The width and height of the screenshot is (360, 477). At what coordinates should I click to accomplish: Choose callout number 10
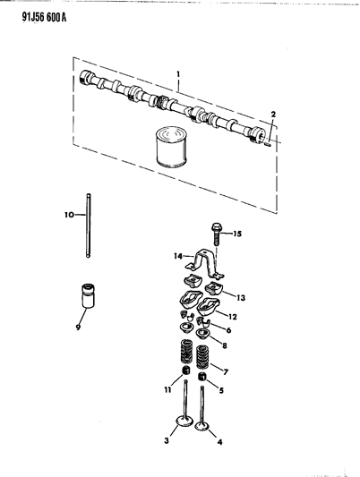pos(67,216)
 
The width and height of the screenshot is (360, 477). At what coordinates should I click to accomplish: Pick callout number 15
pos(236,234)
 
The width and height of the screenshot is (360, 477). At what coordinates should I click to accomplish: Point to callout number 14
pos(177,256)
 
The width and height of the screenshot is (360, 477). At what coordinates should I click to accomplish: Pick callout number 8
pos(224,345)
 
